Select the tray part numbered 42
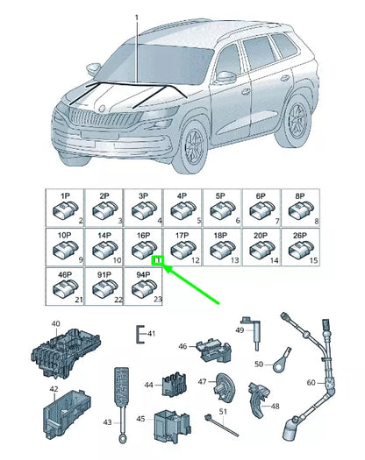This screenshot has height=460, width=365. pos(68,404)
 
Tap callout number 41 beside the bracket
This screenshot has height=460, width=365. pos(150,333)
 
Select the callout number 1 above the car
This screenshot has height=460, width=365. pos(137,18)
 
